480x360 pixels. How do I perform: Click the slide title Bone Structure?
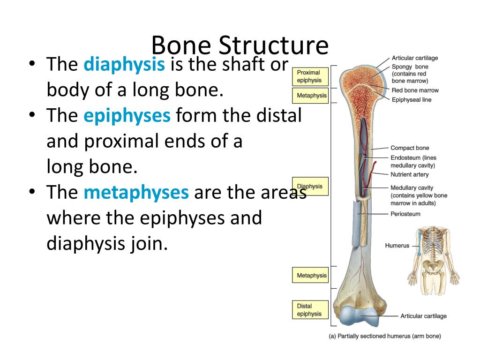coord(240,45)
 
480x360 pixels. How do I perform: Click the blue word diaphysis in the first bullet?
coord(124,65)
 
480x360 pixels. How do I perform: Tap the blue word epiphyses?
coord(127,115)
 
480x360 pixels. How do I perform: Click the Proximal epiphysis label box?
coord(309,76)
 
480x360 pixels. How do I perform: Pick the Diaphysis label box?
coord(309,187)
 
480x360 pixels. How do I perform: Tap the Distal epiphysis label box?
coord(309,310)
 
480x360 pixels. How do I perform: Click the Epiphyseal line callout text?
coord(412,100)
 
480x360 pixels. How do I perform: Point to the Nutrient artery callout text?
coord(409,174)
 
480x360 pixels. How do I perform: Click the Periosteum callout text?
coord(405,214)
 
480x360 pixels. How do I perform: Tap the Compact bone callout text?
coord(410,148)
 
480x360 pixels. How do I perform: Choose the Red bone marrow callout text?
coord(415,90)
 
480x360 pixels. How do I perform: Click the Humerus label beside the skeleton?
coord(397,246)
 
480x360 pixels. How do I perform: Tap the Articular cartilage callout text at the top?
coord(415,58)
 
